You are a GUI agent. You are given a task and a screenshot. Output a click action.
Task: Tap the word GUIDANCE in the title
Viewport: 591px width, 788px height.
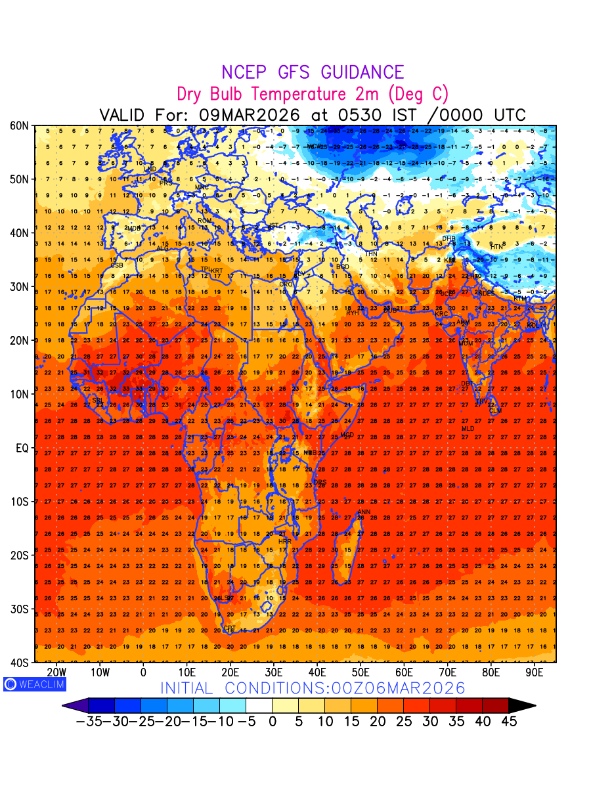tap(362, 72)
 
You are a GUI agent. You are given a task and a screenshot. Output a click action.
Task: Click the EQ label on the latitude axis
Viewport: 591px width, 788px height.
tap(22, 448)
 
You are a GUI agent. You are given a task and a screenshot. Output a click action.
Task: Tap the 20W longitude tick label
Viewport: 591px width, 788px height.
tap(57, 672)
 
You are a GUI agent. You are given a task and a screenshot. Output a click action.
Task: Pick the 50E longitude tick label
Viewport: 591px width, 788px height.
tap(361, 672)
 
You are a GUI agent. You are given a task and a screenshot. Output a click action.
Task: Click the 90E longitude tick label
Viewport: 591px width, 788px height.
tap(535, 672)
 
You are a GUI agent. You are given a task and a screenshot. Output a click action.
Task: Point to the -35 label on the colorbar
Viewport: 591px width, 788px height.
tap(89, 722)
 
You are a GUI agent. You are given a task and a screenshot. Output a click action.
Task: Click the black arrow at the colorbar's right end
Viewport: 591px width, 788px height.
tap(522, 706)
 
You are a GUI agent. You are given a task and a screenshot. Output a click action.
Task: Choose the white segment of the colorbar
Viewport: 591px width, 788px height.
tap(259, 706)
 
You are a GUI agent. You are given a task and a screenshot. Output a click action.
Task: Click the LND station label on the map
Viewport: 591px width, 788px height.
tap(150, 169)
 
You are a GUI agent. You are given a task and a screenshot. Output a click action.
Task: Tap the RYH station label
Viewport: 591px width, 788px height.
tap(352, 313)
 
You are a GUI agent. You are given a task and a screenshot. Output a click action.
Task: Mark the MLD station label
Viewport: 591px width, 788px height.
tap(468, 429)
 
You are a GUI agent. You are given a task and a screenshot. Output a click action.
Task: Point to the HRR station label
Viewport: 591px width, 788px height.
tap(284, 542)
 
